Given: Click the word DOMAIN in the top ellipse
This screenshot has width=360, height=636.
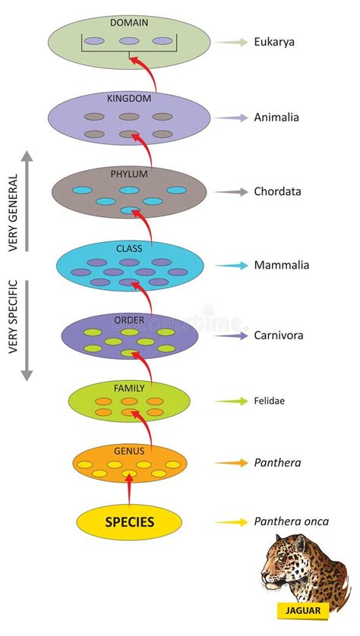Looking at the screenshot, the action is (129, 23).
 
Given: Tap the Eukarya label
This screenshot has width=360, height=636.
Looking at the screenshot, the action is (274, 42).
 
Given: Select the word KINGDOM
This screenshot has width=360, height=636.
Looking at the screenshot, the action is (129, 99).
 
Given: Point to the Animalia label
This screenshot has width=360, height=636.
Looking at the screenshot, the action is (276, 117).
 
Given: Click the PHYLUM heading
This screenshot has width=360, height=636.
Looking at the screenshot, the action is (129, 174).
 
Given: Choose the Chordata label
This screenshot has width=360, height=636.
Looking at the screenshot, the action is (278, 191).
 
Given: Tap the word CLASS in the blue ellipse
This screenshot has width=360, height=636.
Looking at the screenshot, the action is (129, 248).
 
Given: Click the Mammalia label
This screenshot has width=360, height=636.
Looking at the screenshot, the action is (282, 266).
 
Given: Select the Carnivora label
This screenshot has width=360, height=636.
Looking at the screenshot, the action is (279, 336).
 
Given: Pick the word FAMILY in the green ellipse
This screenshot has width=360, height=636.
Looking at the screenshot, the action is (129, 389).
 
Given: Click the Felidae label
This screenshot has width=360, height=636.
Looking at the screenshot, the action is (270, 401).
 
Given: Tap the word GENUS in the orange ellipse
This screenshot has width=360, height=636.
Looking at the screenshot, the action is (129, 451).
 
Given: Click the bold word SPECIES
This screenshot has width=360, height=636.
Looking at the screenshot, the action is (129, 521).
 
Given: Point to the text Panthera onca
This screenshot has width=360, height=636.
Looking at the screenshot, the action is (292, 521).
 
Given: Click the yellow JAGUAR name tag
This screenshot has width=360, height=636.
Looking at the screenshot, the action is (302, 610).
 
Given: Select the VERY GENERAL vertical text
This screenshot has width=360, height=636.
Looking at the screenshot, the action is (14, 213).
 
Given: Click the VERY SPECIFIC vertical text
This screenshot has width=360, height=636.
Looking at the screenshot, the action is (14, 316).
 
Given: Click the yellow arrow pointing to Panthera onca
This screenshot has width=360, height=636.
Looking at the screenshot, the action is (232, 522).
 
